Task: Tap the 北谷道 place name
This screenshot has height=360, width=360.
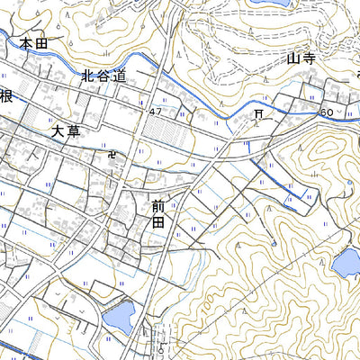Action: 100,76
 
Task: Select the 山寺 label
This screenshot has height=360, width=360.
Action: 300,59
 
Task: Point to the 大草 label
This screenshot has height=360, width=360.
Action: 66,131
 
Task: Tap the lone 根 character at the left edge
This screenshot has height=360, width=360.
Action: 5,96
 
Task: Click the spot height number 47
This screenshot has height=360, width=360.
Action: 157,111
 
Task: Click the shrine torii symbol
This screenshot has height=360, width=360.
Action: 258,114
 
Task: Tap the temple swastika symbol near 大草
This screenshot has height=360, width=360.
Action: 112,154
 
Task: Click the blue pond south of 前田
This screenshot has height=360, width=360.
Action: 119,315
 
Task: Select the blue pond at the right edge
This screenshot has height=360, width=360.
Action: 346,263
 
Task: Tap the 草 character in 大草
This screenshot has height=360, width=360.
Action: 73,131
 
